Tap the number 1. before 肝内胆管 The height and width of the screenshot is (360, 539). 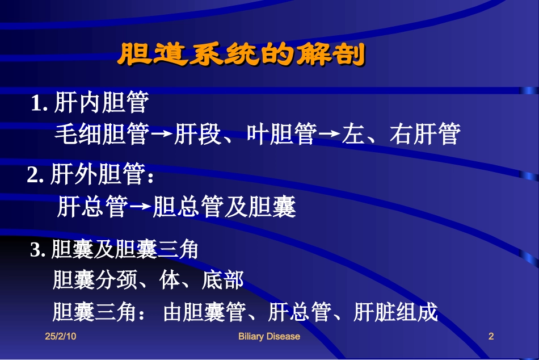click(x=39, y=103)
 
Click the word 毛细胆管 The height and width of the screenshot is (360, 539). click(x=103, y=134)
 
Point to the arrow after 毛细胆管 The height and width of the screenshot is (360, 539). click(x=163, y=135)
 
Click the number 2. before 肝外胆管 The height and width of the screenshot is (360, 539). click(x=36, y=175)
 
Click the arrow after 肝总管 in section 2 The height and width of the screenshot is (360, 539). click(x=140, y=208)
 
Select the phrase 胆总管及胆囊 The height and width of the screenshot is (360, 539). click(x=225, y=207)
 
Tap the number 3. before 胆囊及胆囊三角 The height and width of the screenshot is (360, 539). click(x=38, y=250)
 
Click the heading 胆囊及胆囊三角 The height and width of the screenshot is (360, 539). click(x=124, y=250)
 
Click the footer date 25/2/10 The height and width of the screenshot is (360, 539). click(x=60, y=337)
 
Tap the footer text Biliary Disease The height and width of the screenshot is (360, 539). click(x=269, y=337)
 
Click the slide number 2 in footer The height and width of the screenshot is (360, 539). click(x=491, y=337)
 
